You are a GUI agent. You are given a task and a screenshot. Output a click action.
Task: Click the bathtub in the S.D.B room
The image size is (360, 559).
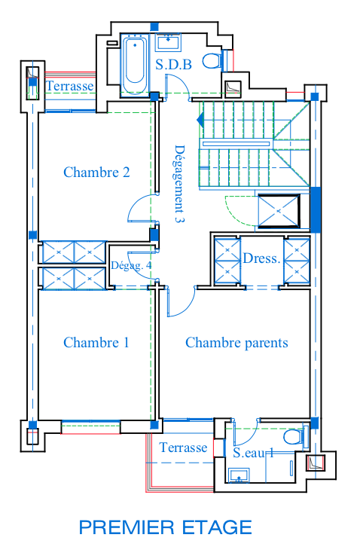coord(135,64)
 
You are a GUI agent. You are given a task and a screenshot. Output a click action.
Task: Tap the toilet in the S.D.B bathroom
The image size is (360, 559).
coord(215,60)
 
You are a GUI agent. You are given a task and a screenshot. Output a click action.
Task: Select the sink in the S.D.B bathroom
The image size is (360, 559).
coord(168,42)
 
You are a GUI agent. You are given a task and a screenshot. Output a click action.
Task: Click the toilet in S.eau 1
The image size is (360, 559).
coord(296,436)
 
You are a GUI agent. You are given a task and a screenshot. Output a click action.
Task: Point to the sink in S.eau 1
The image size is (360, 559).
coord(239,475)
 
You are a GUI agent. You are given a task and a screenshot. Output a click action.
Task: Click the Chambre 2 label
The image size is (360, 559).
coord(96,173)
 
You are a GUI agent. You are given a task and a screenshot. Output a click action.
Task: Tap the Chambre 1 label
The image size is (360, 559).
coord(96,343)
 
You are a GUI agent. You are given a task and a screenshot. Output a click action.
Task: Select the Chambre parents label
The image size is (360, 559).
coord(236,343)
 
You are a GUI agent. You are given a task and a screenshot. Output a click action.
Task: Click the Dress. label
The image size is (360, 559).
coord(261,258)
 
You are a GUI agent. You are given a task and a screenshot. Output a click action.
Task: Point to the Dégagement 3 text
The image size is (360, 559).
coord(180,184)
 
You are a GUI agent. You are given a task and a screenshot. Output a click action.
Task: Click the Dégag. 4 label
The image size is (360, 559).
coord(131,266)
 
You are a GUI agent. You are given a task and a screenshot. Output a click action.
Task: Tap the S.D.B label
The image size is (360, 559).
coord(173,65)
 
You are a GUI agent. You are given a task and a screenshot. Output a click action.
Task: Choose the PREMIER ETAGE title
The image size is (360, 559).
coord(166,527)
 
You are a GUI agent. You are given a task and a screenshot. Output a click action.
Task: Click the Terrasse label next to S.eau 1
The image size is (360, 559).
coord(183,448)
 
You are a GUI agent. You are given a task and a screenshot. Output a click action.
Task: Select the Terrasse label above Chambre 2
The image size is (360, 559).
coord(70,86)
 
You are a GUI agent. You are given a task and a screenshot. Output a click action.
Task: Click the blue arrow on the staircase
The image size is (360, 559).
coord(200,120)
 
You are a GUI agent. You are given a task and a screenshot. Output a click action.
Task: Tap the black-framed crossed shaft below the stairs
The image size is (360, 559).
coord(279,211)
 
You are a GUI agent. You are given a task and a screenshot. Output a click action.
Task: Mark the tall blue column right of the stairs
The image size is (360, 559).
coord(316,209)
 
